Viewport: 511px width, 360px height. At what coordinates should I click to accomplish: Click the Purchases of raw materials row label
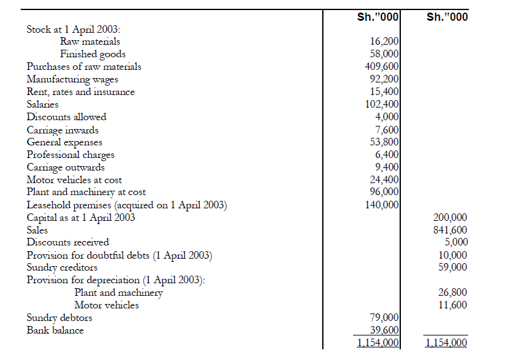pos(84,67)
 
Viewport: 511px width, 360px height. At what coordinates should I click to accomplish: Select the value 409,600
pos(382,67)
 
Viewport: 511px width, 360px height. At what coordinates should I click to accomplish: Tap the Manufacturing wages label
pos(72,79)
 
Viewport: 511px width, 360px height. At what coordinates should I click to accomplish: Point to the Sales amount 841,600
pos(450,230)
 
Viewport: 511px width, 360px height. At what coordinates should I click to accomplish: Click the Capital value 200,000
pos(450,218)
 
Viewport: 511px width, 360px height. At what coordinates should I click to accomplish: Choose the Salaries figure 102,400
pos(382,104)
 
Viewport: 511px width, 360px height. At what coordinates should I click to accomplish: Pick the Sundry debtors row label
pos(59,318)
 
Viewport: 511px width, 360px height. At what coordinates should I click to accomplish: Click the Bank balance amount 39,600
pos(384,330)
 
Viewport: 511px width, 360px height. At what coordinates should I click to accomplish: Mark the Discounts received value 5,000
pos(454,242)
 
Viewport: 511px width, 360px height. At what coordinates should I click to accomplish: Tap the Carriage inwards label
pos(62,130)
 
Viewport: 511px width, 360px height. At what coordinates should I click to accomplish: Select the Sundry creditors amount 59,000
pos(452,267)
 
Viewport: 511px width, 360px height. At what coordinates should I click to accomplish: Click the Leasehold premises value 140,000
pos(382,205)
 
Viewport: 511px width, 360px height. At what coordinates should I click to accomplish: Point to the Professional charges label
pos(70,155)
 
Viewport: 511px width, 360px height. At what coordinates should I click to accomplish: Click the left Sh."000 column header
pos(378,17)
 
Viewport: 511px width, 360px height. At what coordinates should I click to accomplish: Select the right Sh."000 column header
pos(447,17)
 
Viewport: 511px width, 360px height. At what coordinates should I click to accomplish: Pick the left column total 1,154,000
pos(379,343)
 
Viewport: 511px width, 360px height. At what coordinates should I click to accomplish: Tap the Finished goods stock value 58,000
pos(384,54)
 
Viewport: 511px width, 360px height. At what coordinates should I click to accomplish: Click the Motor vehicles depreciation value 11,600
pos(452,305)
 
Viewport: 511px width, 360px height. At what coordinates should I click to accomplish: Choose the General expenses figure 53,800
pos(384,142)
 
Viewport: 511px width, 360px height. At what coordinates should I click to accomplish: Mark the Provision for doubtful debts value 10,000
pos(452,255)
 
